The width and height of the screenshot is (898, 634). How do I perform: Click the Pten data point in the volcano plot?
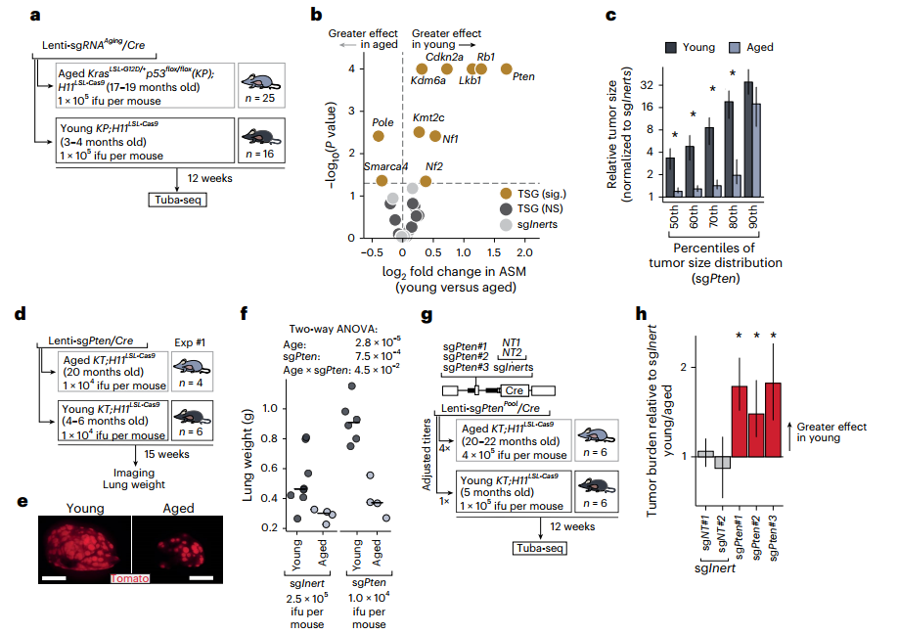[x=506, y=68]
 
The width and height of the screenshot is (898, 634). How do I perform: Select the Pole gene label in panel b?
[x=382, y=122]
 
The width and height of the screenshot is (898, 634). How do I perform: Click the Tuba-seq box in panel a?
[x=176, y=201]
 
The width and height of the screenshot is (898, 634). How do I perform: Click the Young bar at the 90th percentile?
[x=748, y=138]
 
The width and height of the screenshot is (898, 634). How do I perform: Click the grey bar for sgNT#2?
[x=722, y=463]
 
